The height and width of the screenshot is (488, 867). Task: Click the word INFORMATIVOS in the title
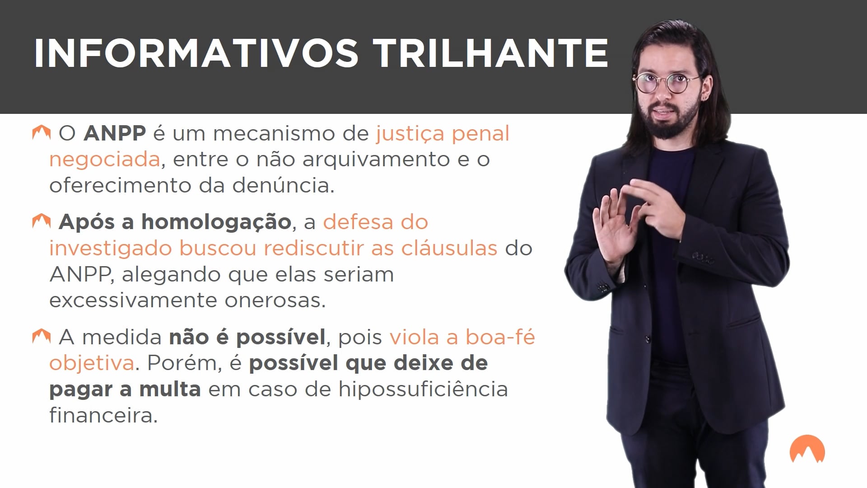tap(196, 53)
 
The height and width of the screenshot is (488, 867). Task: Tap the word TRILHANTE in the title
tap(493, 53)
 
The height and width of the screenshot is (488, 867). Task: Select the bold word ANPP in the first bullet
tap(115, 133)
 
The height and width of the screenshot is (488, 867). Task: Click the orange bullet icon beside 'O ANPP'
tap(41, 133)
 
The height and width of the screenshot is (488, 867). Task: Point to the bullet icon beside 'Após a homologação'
tap(41, 221)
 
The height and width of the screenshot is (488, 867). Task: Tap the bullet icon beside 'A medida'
tap(41, 337)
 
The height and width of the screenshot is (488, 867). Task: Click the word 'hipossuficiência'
tap(423, 389)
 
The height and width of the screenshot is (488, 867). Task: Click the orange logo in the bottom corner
tap(807, 450)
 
